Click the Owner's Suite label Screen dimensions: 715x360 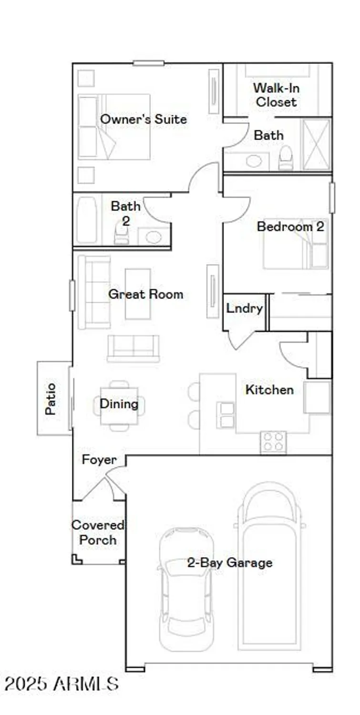tap(144, 119)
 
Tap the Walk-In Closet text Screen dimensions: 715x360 tap(276, 95)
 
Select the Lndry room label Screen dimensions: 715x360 tap(244, 308)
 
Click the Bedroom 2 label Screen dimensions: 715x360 tap(290, 226)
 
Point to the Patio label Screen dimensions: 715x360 tap(51, 398)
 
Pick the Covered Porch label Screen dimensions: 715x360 tap(98, 532)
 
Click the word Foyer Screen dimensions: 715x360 tap(99, 460)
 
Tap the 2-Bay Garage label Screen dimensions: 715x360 tap(230, 563)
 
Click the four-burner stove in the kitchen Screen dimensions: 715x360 tap(273, 442)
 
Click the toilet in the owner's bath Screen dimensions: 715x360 tap(286, 157)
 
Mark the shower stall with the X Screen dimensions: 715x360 tap(316, 144)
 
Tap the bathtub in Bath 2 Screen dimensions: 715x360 tap(87, 220)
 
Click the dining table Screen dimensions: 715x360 tap(119, 406)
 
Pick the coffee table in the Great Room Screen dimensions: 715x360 tap(138, 294)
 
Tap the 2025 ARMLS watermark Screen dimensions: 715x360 tap(61, 684)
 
